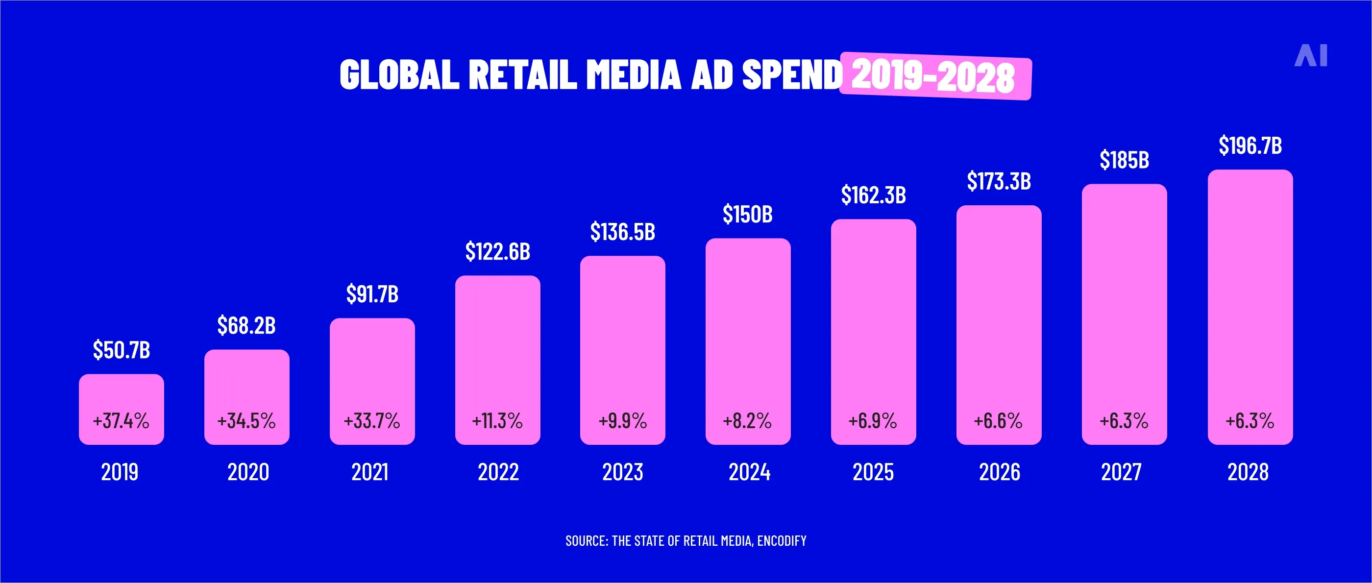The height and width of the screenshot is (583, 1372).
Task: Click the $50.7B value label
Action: pos(122,350)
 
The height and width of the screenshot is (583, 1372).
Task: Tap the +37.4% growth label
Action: pos(121,421)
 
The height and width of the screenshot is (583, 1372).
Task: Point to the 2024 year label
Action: pos(749,472)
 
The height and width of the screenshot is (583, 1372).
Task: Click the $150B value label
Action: pos(747,214)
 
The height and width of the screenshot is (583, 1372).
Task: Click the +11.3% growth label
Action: pos(497,421)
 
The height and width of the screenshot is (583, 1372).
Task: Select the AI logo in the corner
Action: pos(1311,55)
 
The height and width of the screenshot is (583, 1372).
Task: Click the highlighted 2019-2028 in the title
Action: pos(933,76)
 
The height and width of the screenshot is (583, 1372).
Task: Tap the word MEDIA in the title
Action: pos(633,74)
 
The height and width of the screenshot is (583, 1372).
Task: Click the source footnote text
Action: pos(686,541)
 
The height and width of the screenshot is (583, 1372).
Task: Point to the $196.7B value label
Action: pos(1250,146)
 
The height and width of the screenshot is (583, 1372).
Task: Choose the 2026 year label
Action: pos(999,472)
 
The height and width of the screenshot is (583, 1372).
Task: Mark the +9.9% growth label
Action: pos(623,421)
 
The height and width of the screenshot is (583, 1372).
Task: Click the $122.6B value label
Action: pos(497,251)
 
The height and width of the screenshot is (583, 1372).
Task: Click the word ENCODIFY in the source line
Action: pos(782,541)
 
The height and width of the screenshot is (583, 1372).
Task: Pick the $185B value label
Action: pos(1125,160)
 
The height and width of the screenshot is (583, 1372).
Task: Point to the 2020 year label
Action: pos(248,472)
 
